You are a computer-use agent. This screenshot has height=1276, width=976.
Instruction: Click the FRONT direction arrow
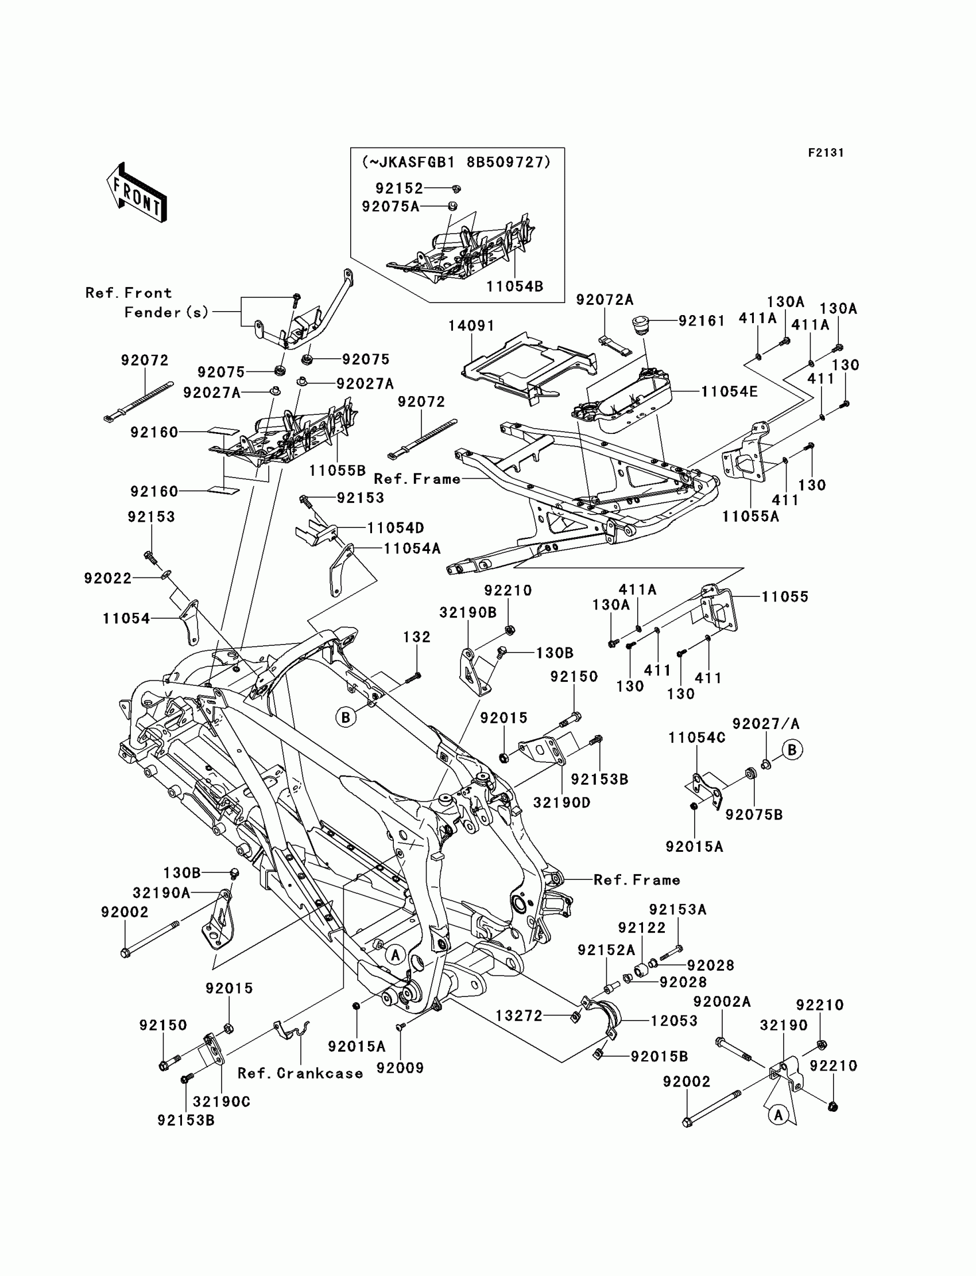click(x=137, y=192)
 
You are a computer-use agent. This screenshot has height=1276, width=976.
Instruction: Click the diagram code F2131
click(x=826, y=153)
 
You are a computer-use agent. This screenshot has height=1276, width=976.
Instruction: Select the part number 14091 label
click(x=471, y=326)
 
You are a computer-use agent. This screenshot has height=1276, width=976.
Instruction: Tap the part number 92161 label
click(x=702, y=321)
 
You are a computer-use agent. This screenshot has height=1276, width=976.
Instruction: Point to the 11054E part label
click(x=729, y=392)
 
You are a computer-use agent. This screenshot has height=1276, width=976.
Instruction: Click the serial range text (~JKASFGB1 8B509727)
click(x=456, y=162)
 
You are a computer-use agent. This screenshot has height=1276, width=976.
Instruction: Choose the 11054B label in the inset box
click(x=515, y=286)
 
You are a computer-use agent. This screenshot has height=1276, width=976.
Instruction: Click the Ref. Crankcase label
click(x=300, y=1073)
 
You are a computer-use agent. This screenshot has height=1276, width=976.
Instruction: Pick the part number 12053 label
click(x=674, y=1021)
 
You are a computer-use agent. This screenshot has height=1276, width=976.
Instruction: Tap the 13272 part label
click(x=519, y=1015)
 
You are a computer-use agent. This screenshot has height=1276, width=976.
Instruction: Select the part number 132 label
click(x=417, y=637)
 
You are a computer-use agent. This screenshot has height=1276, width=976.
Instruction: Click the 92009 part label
click(x=400, y=1068)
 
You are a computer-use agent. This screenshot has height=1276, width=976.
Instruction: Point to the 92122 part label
click(x=641, y=928)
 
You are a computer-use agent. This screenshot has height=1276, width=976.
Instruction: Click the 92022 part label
click(x=108, y=578)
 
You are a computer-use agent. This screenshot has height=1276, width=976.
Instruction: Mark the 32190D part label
click(x=562, y=802)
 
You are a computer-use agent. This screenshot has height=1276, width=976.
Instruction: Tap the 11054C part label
click(x=696, y=738)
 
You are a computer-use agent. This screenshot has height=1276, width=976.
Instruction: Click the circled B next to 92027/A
click(x=792, y=750)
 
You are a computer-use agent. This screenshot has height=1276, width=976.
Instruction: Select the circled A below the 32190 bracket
click(x=779, y=1115)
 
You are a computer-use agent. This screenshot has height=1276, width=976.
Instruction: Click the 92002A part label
click(x=722, y=1002)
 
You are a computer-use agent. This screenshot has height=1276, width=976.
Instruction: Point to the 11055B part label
click(x=337, y=471)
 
